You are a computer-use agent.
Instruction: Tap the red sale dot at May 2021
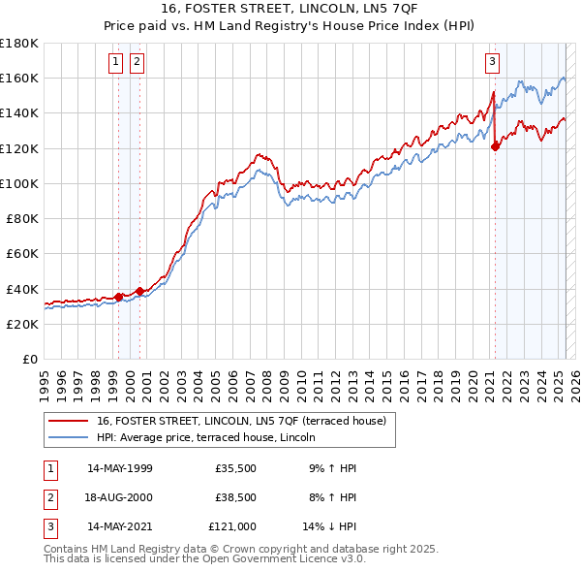[495, 146]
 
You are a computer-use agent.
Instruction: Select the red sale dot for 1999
[118, 297]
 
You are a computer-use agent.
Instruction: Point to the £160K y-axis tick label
[19, 78]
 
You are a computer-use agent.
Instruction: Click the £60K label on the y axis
[23, 253]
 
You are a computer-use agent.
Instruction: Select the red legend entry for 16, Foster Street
[241, 421]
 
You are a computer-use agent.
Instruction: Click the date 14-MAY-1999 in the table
[120, 468]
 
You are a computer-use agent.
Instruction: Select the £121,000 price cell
[232, 528]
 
